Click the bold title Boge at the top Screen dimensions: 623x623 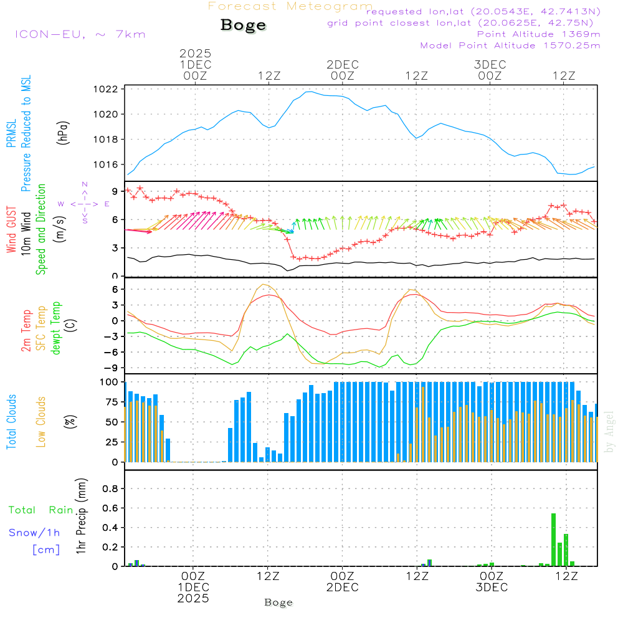(243, 25)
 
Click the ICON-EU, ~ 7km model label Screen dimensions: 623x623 (80, 34)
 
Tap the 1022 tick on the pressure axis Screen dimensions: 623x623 (109, 89)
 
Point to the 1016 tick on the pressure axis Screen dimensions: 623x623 (109, 164)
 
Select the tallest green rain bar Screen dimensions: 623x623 (553, 540)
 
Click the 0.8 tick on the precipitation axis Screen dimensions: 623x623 (110, 488)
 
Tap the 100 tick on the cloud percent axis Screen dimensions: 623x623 (110, 382)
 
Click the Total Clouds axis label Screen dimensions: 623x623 (11, 422)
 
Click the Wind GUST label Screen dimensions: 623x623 (11, 231)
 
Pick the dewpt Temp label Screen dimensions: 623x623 (55, 328)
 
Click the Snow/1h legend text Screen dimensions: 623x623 (35, 533)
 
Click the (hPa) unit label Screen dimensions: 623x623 (63, 131)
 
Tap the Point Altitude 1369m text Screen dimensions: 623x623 (538, 34)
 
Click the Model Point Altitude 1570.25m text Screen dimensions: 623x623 (510, 45)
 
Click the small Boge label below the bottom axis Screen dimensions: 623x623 (278, 602)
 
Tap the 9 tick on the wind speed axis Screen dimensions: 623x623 (114, 191)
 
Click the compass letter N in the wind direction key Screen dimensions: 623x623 (85, 184)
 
